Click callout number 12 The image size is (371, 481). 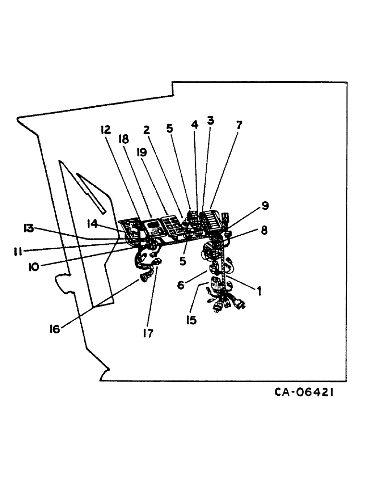(x=105, y=130)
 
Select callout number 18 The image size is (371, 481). (x=124, y=139)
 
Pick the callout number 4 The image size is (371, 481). (x=195, y=124)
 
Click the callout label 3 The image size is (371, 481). (x=210, y=120)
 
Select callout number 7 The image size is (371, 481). (x=238, y=125)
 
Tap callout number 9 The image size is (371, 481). (x=265, y=205)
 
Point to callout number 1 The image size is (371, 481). (x=260, y=291)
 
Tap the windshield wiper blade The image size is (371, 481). (x=91, y=192)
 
